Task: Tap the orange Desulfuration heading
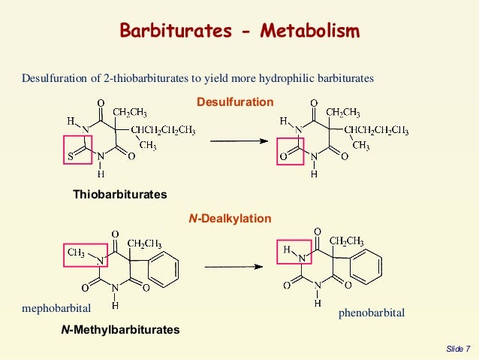pos(235,101)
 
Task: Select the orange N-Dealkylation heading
pos(229,218)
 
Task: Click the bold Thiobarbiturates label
pos(119,195)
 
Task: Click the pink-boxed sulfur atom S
pos(68,156)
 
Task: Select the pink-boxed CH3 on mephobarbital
pos(77,253)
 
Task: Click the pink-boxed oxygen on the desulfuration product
pos(284,157)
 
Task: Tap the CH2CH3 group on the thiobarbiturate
pos(130,113)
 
